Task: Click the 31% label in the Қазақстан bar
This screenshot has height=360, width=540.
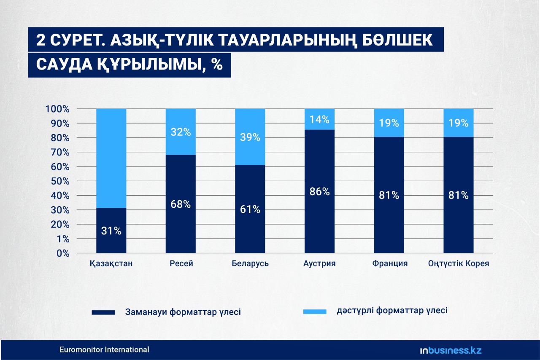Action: point(111,231)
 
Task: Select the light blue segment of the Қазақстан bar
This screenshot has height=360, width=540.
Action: point(111,159)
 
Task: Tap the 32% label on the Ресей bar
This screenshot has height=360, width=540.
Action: point(181,132)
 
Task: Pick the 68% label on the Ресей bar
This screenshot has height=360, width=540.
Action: point(181,204)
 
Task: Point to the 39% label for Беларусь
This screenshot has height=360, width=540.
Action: point(250,137)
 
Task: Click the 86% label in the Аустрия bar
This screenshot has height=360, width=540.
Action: point(319,191)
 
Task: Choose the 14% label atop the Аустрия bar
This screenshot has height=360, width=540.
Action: point(319,120)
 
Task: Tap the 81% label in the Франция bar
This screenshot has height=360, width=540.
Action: point(389,195)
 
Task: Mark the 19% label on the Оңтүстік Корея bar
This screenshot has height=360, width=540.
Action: point(458,123)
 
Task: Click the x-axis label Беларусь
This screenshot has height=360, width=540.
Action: point(250,263)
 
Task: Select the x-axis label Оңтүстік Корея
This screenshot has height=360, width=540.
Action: point(459,263)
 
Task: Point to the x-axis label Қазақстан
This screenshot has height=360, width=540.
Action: point(111,263)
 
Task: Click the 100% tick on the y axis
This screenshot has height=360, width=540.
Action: point(57,109)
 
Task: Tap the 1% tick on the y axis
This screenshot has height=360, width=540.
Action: point(63,239)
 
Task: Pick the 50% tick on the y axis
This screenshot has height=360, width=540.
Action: point(60,181)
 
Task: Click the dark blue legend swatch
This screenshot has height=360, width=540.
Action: point(103,312)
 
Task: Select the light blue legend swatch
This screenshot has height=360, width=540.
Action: point(315,312)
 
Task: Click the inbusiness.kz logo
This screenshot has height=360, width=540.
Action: point(451,350)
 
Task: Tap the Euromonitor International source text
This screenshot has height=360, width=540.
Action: point(104,349)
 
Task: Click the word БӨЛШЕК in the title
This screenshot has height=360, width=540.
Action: point(397,40)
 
